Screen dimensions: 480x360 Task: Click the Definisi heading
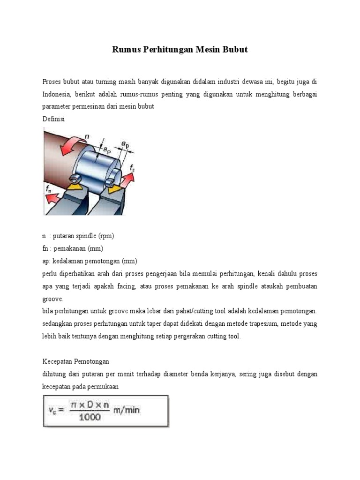point(54,119)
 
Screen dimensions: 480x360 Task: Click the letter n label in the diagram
point(86,136)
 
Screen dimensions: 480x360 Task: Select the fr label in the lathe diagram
point(133,167)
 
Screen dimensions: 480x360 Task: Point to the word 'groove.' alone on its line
point(52,299)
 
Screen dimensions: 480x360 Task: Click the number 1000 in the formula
point(90,417)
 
